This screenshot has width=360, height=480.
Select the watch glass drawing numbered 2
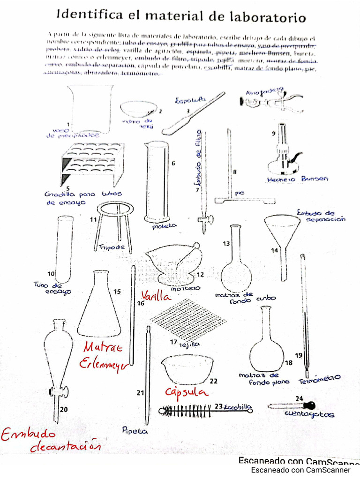point(138,109)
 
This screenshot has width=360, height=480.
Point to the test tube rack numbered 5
point(92,164)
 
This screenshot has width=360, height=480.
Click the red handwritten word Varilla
point(156,296)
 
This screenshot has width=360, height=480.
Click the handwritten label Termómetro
point(319,379)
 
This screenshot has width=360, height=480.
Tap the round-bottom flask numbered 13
point(236,267)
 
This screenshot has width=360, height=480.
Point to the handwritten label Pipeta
point(135,430)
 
